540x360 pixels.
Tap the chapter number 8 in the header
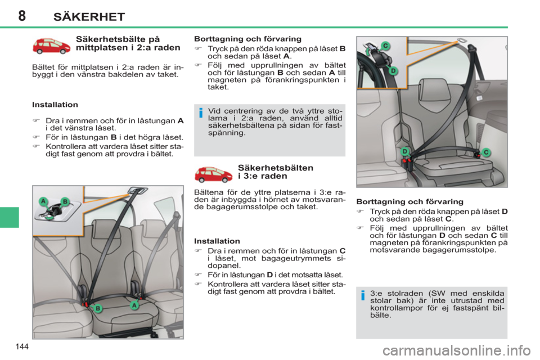coord(21,16)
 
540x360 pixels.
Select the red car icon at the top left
coord(51,46)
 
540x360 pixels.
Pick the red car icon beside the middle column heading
coord(213,174)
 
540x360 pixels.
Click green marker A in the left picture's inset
coord(43,201)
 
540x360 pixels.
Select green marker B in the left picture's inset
coord(65,201)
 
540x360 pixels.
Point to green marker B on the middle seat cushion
coord(97,308)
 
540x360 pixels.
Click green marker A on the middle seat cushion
coord(134,304)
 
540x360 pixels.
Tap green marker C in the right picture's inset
coord(386,46)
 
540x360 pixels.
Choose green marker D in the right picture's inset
coord(393,70)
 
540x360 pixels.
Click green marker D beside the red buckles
coord(404,152)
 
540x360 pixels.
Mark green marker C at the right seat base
coord(487,152)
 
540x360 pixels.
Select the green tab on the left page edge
coord(10,217)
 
